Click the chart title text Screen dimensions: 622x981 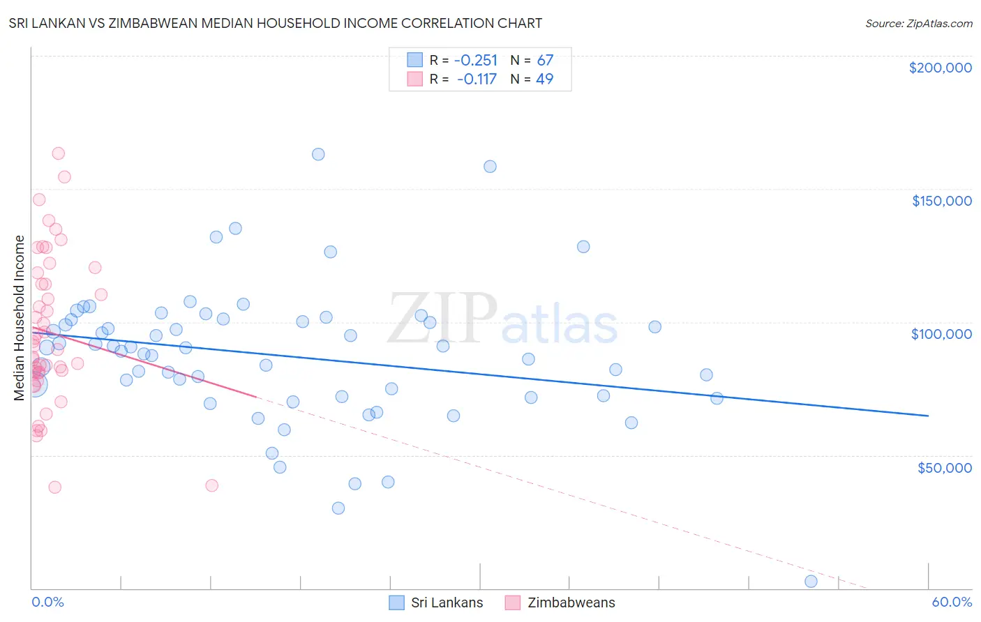point(275,23)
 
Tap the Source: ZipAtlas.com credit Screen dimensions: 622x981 point(918,24)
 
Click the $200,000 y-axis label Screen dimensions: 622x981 point(940,68)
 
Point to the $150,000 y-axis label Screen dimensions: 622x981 point(941,201)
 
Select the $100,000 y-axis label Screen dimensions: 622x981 point(941,334)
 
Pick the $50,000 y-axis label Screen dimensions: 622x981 point(944,467)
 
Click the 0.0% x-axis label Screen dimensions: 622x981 point(47,602)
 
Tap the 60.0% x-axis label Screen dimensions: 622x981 point(951,602)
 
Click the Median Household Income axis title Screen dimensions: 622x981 point(19,318)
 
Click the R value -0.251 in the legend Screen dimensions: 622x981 point(476,61)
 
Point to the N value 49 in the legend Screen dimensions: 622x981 point(544,79)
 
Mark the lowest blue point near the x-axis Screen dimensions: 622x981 point(811,582)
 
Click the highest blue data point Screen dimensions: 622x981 point(318,154)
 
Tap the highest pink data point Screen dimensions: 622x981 point(59,153)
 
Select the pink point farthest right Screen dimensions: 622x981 point(212,485)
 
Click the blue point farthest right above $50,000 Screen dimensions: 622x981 point(717,398)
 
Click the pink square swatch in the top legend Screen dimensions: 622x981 point(415,79)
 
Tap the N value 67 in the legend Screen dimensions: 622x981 point(545,61)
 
